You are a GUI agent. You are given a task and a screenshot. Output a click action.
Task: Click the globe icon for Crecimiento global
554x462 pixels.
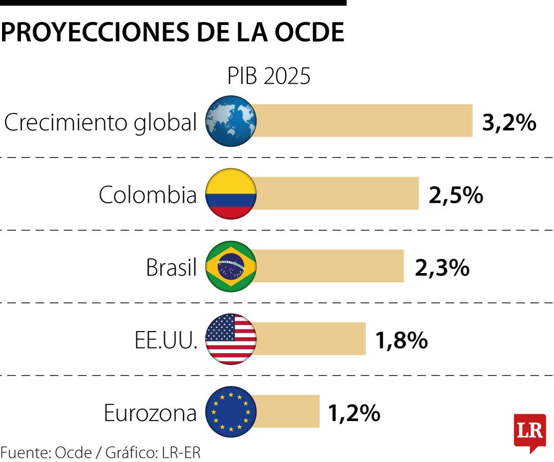coord(231,121)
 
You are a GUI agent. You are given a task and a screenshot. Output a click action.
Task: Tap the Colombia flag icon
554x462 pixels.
coord(231,194)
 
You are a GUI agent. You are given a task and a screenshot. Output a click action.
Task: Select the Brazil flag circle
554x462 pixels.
coord(231,266)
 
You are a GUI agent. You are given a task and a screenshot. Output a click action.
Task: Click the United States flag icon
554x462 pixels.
coord(231,339)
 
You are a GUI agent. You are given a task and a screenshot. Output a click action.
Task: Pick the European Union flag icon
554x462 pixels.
coord(231,412)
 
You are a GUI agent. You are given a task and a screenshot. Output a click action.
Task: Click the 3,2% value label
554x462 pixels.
coord(509,123)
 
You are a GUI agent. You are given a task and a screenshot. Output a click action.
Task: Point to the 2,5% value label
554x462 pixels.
coord(456,195)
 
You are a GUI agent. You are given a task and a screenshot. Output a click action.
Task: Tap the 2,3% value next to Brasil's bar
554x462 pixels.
coord(442,267)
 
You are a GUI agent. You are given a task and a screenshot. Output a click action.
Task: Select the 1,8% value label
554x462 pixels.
coord(401,340)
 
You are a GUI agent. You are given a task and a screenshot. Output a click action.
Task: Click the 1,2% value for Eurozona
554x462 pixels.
coord(354,413)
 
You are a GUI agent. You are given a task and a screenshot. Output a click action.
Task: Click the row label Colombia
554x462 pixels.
coord(148,195)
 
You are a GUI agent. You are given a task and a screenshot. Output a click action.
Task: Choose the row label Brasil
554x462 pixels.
coord(171,267)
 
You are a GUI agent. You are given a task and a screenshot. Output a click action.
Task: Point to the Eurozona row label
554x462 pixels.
coord(150,413)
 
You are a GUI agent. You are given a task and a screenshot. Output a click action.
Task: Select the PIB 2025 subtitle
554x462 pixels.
coord(269,76)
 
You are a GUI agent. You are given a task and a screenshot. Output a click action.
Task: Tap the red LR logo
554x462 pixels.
coord(529,431)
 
